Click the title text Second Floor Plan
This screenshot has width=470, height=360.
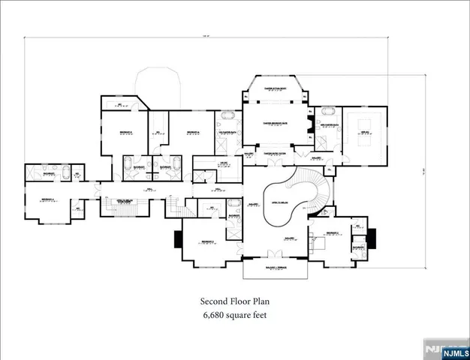coord(234,301)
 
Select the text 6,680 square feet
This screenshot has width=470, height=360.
coord(234,315)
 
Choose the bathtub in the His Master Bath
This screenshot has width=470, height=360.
coord(227,118)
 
